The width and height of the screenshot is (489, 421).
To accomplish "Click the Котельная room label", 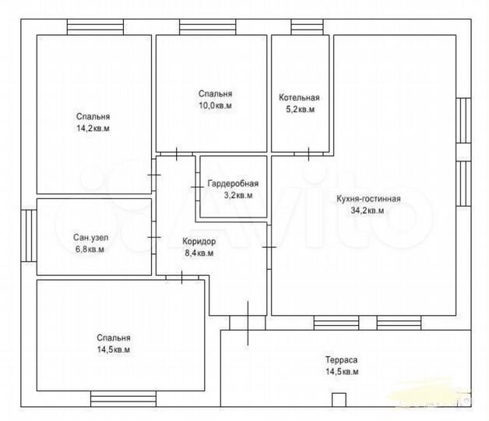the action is (299, 97).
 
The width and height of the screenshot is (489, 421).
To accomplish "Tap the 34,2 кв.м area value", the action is (368, 210).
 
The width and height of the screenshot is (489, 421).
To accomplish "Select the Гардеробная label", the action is (233, 183).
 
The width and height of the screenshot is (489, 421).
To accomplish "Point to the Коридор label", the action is (199, 242).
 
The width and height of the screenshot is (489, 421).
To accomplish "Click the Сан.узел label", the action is (91, 238).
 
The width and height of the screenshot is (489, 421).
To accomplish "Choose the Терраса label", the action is (342, 359).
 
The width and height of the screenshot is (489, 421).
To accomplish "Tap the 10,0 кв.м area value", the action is (215, 105).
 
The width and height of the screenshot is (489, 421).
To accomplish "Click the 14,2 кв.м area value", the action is (93, 129).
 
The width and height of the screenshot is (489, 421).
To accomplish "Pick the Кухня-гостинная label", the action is (368, 199).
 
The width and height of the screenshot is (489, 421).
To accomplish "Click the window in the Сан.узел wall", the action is (29, 235).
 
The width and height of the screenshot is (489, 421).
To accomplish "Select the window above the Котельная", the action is (308, 27).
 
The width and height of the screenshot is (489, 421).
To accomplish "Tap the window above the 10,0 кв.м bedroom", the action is (207, 27).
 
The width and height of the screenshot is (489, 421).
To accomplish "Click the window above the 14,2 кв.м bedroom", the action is (95, 27).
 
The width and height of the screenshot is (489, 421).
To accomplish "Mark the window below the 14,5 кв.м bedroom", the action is (123, 399).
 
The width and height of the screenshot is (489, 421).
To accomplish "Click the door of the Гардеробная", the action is (198, 187).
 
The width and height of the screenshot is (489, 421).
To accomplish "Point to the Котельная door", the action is (309, 154).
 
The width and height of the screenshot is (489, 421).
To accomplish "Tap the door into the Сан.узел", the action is (153, 237).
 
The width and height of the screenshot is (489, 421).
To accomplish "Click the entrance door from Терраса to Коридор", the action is (248, 323).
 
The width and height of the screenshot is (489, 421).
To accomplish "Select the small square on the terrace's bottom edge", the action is (339, 400).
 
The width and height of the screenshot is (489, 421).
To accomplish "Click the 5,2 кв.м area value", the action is (301, 109).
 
